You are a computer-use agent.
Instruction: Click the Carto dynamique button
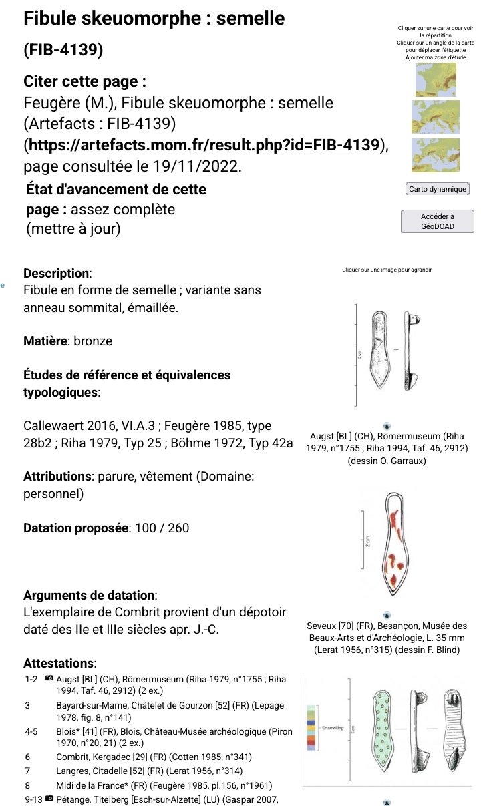click(438, 189)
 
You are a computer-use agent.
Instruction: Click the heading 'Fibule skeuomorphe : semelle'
click(154, 19)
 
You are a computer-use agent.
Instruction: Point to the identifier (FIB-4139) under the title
click(63, 51)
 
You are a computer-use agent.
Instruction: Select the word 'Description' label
click(56, 274)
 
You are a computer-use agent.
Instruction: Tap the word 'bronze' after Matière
click(93, 341)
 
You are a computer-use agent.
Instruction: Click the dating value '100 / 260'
click(162, 528)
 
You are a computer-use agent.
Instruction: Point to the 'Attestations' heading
click(59, 664)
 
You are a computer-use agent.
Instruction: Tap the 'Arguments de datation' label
click(90, 595)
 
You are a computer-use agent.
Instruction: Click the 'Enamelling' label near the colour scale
click(332, 727)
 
